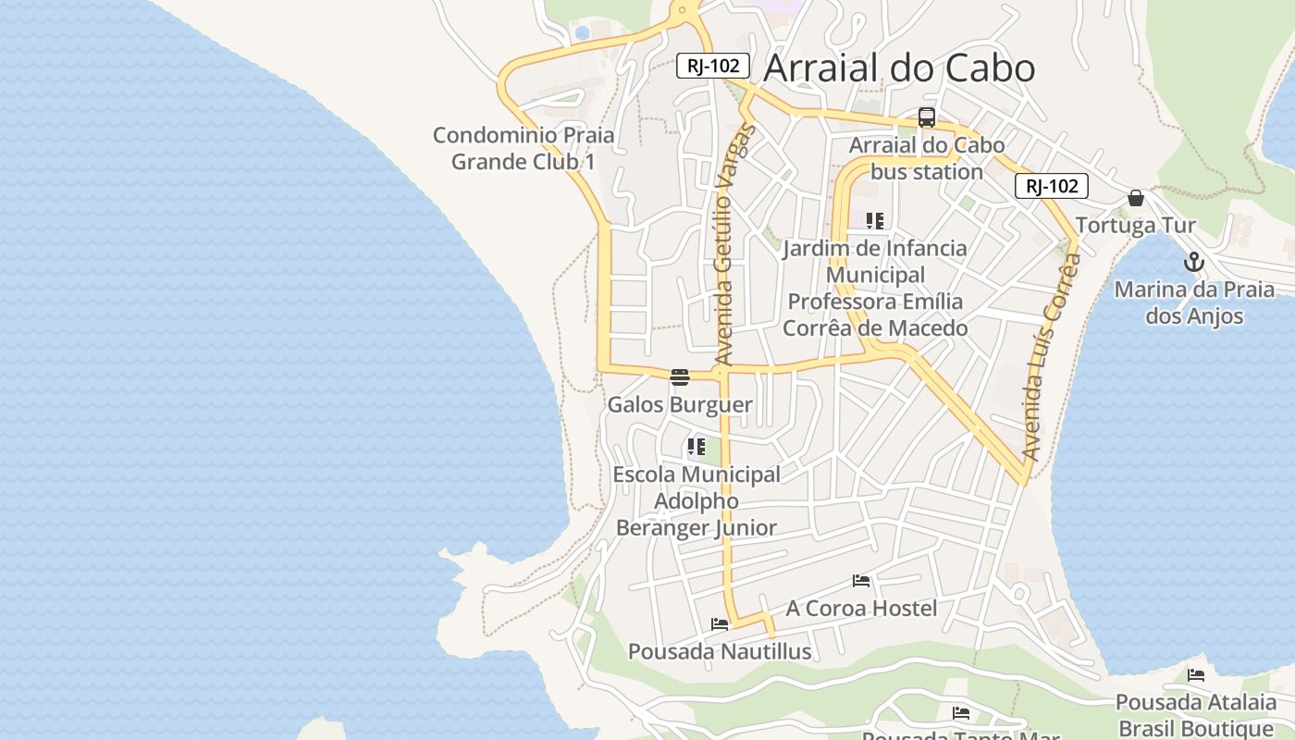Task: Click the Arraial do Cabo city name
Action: coord(899,68)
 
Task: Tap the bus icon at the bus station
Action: coord(926,117)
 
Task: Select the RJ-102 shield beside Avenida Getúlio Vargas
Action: coord(712,66)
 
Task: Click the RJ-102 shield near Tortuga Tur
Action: coord(1052,186)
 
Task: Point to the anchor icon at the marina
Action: coord(1194,262)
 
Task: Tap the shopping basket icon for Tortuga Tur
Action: coord(1136,198)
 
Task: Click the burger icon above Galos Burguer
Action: coord(680,376)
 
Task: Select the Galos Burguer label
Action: coord(680,405)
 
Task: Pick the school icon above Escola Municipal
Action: coord(697,448)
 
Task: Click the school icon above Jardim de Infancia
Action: coord(874,221)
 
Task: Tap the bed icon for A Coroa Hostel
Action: coord(861,581)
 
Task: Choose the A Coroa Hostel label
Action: coord(861,608)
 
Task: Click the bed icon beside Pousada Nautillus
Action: coord(720,624)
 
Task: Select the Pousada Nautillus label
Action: coord(720,652)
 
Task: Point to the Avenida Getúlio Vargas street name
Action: coord(735,245)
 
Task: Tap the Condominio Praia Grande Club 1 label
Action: coord(524,148)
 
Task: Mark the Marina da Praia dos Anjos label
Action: coord(1194,302)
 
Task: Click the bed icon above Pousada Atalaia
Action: coord(1196,675)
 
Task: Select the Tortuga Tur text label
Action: coord(1136,226)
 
